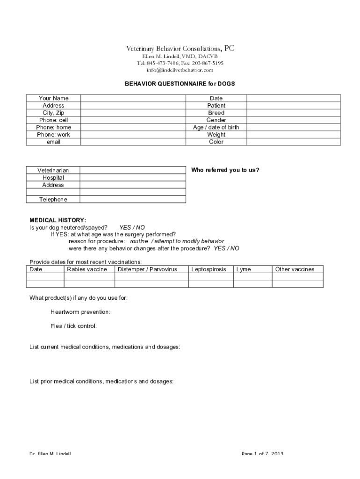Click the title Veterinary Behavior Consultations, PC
(x=180, y=49)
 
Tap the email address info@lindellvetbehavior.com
(x=180, y=70)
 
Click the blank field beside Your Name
(x=133, y=98)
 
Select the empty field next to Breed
(x=293, y=113)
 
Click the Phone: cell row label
(x=53, y=120)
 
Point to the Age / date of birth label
(x=216, y=127)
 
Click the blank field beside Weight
(x=293, y=135)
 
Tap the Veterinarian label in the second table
(x=53, y=171)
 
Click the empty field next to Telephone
(x=133, y=200)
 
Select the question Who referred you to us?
(x=225, y=170)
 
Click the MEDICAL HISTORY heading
(x=58, y=220)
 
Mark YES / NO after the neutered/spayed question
(x=132, y=227)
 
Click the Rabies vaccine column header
(x=87, y=269)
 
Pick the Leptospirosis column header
(x=209, y=269)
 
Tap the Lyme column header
(x=244, y=269)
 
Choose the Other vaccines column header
(x=295, y=269)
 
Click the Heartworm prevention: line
(x=80, y=312)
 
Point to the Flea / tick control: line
(x=74, y=326)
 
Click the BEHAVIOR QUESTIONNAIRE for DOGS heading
(x=180, y=84)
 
